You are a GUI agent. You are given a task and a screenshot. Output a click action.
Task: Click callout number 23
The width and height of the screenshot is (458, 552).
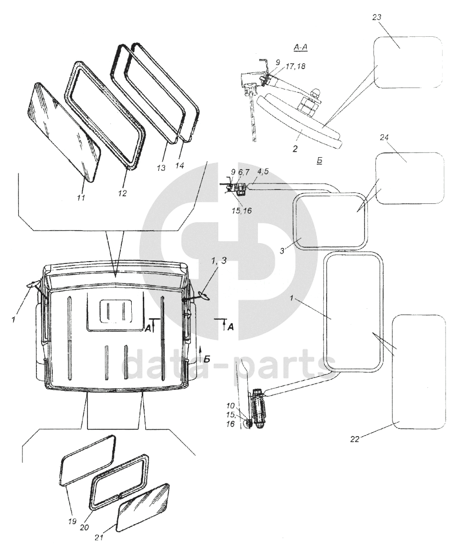[376, 17]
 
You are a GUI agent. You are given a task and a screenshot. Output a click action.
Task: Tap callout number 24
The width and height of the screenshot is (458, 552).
[384, 137]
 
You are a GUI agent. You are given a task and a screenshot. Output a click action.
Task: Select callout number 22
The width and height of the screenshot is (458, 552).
[355, 439]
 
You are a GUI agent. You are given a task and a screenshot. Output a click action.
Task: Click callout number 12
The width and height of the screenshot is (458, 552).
[122, 193]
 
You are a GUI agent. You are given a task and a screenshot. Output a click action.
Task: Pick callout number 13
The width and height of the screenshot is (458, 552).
[161, 168]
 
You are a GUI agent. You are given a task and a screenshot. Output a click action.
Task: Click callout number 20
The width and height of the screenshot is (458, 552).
[85, 527]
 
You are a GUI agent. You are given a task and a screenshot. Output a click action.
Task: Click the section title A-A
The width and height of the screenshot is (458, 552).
[300, 48]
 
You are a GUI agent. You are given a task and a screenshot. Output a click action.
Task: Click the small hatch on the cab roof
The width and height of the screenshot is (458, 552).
[116, 311]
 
